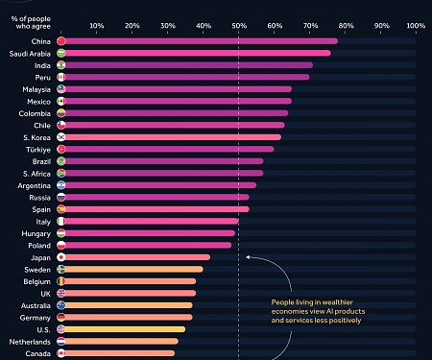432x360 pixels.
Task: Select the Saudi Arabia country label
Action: click(x=30, y=53)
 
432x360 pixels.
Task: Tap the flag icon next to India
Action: click(x=60, y=65)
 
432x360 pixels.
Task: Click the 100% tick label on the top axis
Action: click(x=416, y=24)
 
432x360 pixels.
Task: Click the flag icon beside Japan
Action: click(x=60, y=257)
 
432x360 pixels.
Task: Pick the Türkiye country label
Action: click(x=36, y=149)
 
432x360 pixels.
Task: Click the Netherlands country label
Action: click(x=31, y=341)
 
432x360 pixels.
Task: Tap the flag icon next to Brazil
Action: click(x=60, y=161)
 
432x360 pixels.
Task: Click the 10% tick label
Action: click(x=96, y=24)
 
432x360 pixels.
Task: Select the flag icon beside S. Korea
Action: click(x=60, y=137)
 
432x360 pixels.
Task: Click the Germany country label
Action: click(x=36, y=317)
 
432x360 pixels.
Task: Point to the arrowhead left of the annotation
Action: click(x=248, y=257)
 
